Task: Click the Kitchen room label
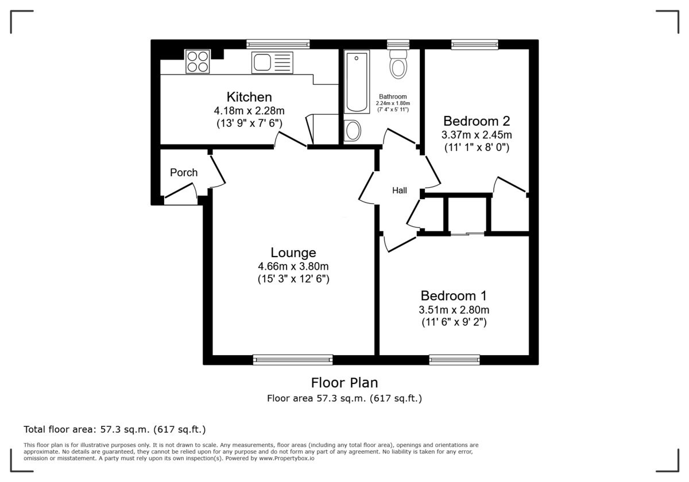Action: coord(249,97)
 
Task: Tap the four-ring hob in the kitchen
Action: coord(197,61)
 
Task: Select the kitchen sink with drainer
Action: coord(272,63)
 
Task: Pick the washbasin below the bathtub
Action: coord(353,131)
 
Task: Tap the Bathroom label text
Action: coord(393,96)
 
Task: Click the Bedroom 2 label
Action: coord(476,121)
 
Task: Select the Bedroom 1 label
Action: coord(454,296)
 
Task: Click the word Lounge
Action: coord(293,252)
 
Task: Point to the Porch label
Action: coord(184,173)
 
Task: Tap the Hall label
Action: coord(399,191)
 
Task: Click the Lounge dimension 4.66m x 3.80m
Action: coord(293,266)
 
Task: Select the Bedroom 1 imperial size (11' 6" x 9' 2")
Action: coord(454,322)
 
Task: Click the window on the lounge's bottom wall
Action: coord(293,360)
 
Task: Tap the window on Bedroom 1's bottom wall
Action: coord(454,360)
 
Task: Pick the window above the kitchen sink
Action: coord(278,44)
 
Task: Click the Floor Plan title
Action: coord(344,382)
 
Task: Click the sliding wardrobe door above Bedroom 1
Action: coord(467,234)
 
